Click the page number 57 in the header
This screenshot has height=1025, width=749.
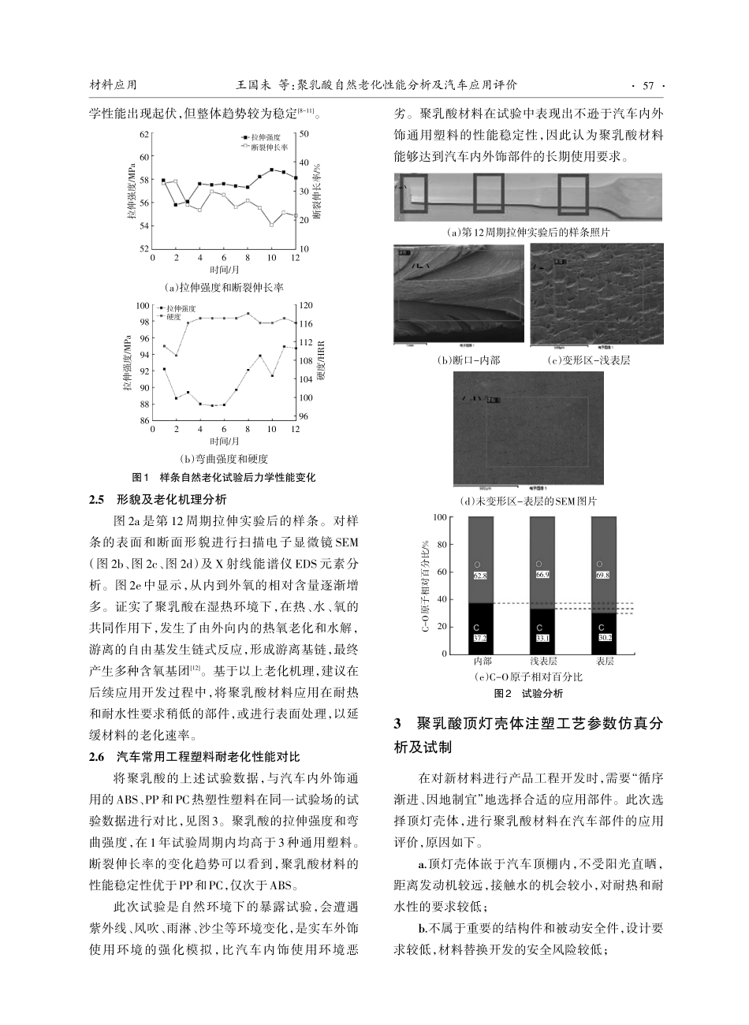click(649, 85)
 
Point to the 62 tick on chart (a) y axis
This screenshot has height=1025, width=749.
click(143, 135)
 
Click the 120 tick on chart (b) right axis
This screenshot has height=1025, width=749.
click(307, 305)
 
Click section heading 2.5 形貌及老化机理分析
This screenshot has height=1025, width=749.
click(158, 499)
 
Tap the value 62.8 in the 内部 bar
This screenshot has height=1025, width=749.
click(480, 576)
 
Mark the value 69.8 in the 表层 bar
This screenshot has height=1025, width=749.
click(603, 576)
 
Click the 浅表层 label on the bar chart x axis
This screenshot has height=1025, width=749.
click(543, 662)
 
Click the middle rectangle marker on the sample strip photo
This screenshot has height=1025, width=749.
click(488, 194)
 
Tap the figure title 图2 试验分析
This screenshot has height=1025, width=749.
click(528, 694)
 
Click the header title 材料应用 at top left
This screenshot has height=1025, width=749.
click(114, 85)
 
